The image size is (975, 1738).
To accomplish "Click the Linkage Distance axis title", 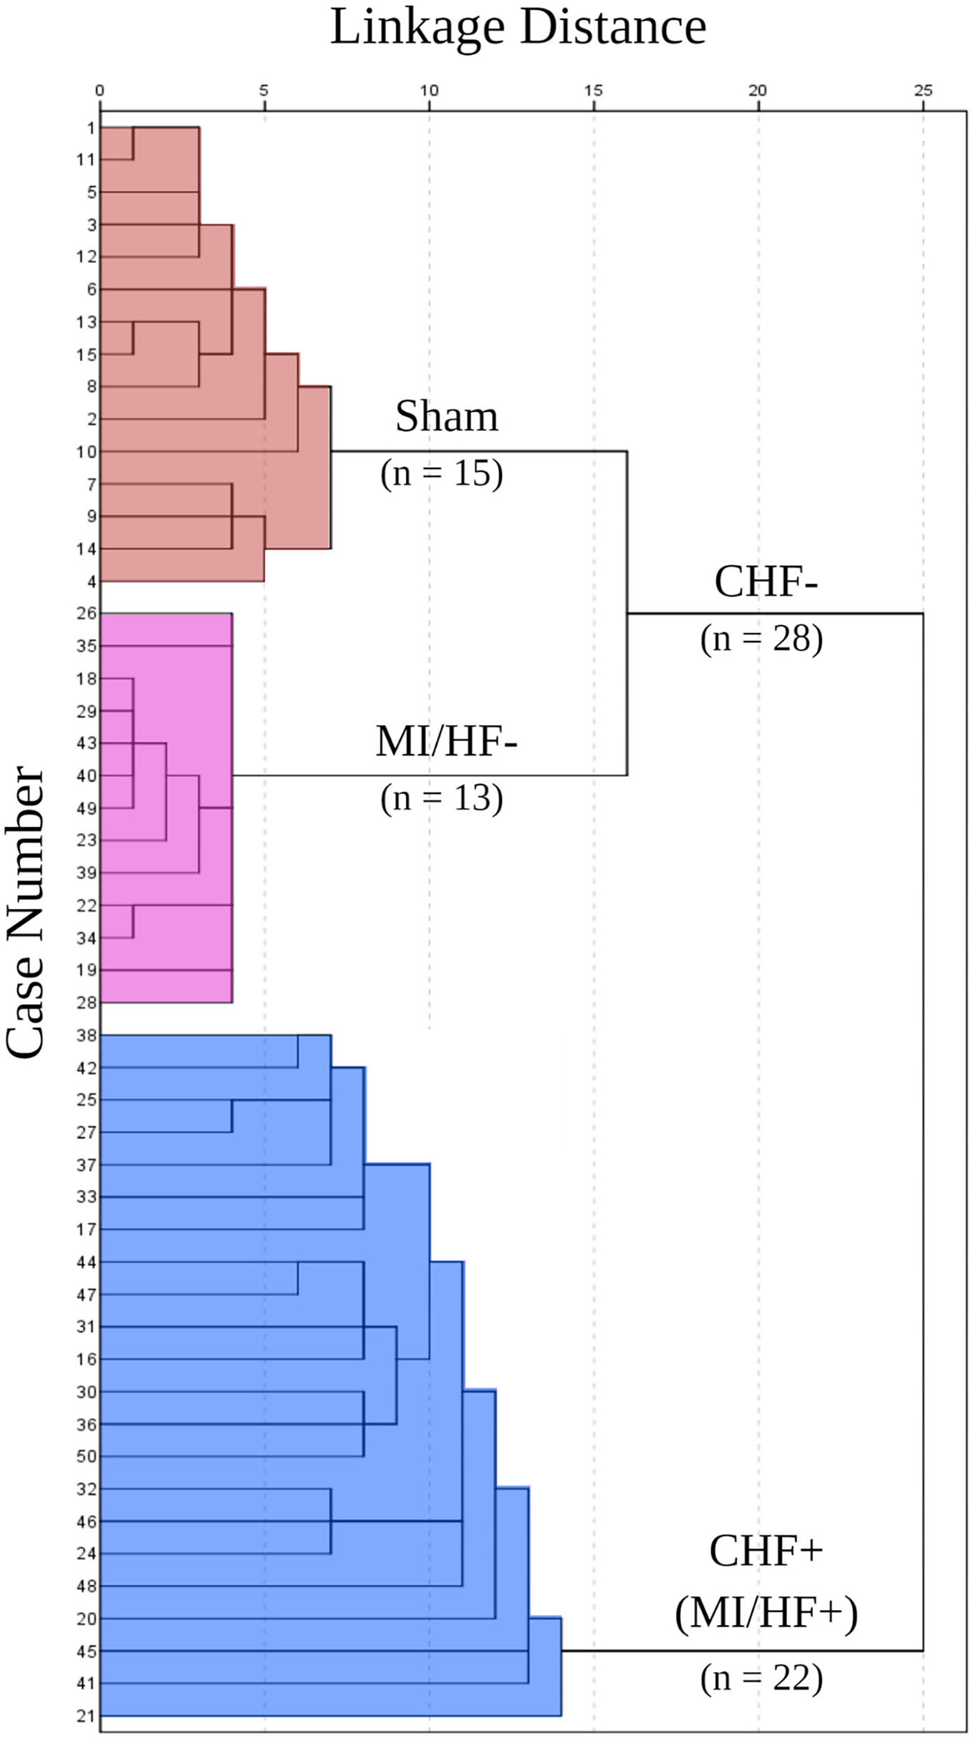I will click(518, 27).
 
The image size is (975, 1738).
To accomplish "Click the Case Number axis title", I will click(25, 912).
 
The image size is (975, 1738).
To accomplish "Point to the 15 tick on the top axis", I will click(593, 91).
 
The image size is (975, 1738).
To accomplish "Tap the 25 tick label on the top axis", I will click(923, 91).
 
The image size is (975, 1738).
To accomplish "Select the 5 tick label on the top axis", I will click(264, 91).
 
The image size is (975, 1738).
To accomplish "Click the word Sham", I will click(447, 416).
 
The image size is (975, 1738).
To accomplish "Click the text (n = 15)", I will click(442, 473).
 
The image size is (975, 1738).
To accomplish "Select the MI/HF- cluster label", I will click(447, 741).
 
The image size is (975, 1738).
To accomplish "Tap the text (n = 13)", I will click(442, 798).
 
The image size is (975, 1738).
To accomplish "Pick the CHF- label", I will click(766, 581).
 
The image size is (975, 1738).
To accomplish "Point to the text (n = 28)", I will click(761, 639).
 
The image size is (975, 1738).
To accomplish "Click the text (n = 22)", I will click(761, 1678).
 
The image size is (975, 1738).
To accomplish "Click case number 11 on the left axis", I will click(86, 159).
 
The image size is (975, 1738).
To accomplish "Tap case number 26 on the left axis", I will click(86, 614).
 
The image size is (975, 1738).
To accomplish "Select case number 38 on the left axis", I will click(86, 1035).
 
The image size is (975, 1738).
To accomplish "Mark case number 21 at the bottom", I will click(86, 1717).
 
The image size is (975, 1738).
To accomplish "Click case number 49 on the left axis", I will click(86, 808).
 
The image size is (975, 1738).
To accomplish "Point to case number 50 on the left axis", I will click(86, 1456).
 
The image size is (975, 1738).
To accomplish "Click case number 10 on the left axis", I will click(86, 452).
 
